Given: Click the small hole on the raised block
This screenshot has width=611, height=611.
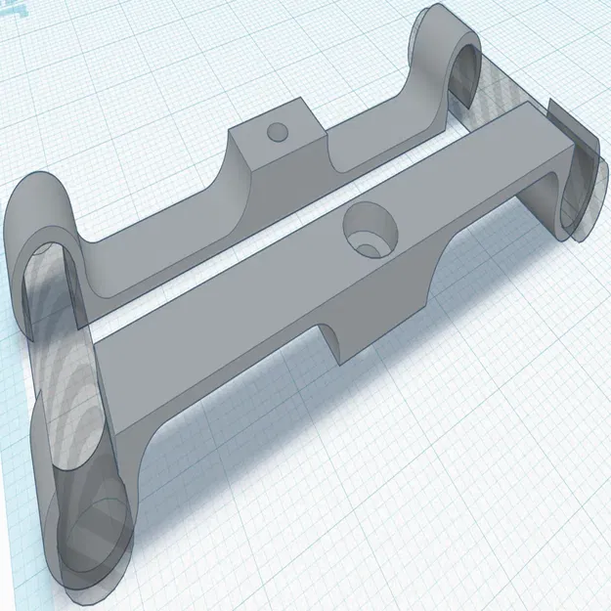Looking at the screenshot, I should (x=278, y=130).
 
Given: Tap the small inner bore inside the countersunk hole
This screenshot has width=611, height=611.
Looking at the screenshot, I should (x=371, y=239).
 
